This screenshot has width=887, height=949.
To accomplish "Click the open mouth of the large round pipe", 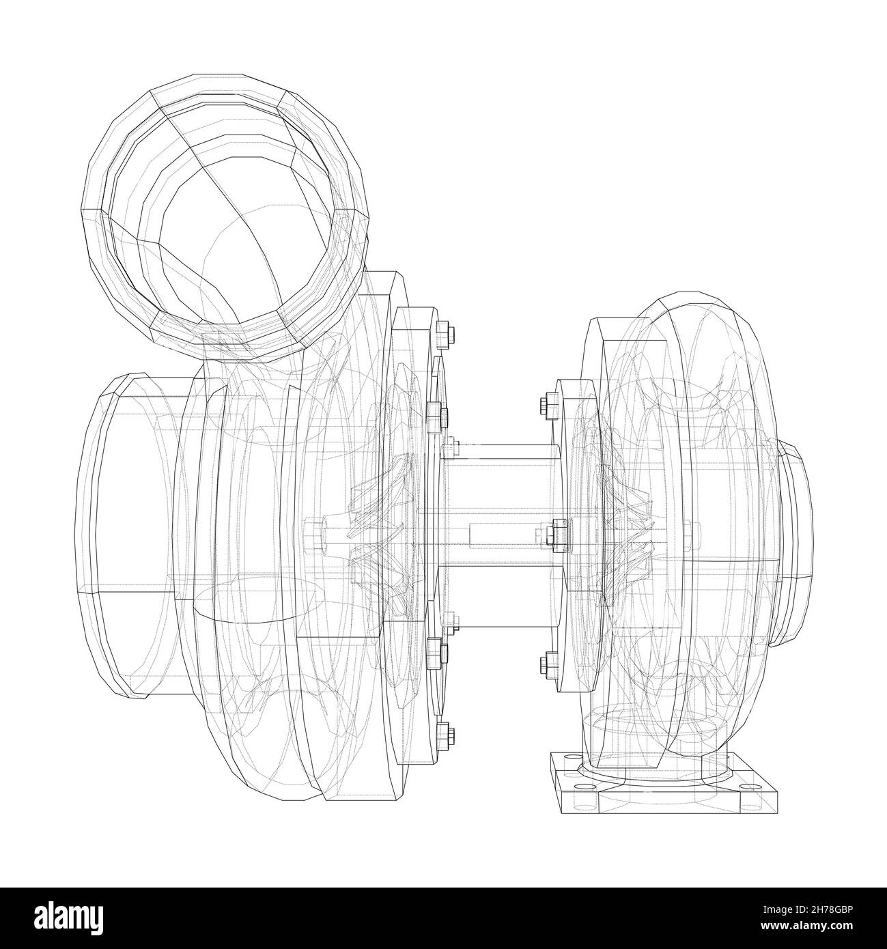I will pyautogui.click(x=225, y=225).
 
